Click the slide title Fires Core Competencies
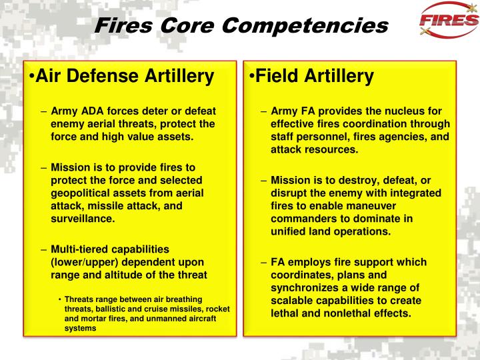(x=241, y=25)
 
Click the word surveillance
(x=83, y=218)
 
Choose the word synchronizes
(x=305, y=287)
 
